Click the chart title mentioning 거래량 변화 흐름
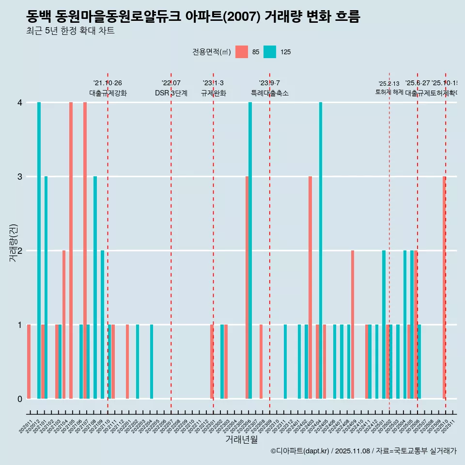(x=193, y=17)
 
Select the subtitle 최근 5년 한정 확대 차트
(x=70, y=31)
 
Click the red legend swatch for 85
(x=241, y=52)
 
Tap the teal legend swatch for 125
(x=270, y=52)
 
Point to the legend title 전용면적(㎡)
(x=211, y=52)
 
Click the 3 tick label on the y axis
(x=20, y=177)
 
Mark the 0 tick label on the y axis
(x=20, y=399)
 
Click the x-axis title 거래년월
(x=241, y=440)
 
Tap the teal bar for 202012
(x=39, y=250)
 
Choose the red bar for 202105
(x=71, y=250)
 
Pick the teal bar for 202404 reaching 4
(x=321, y=250)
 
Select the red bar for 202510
(x=444, y=288)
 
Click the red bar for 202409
(x=353, y=325)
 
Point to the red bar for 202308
(x=261, y=362)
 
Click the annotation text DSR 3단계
(x=171, y=93)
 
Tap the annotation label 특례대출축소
(x=269, y=93)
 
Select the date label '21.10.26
(x=108, y=83)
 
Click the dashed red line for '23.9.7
(x=270, y=242)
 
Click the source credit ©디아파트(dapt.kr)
(x=300, y=451)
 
